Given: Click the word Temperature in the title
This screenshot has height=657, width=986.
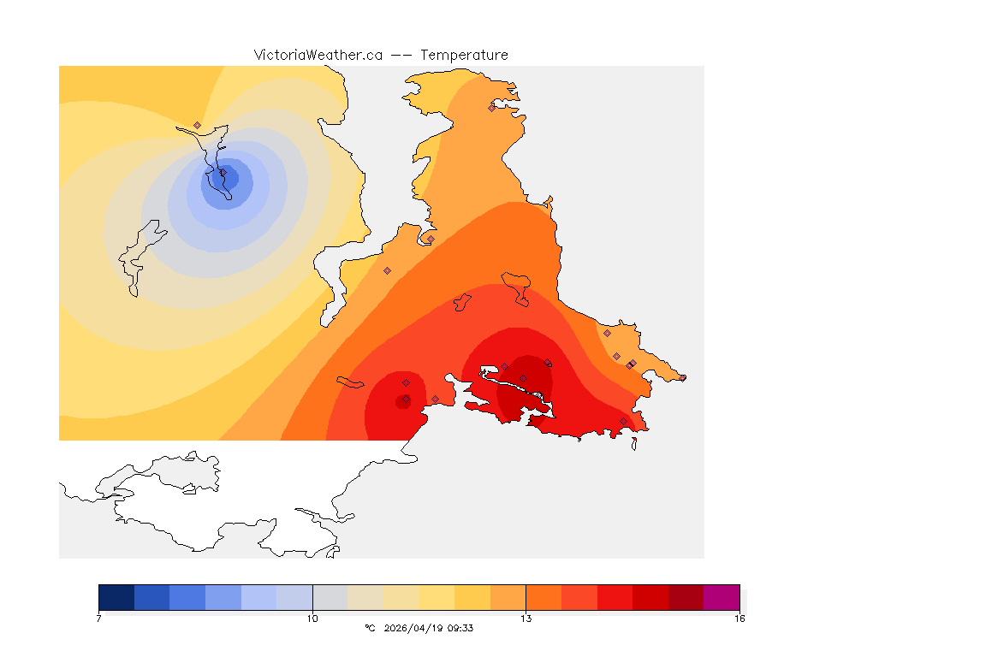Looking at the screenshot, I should click(464, 55).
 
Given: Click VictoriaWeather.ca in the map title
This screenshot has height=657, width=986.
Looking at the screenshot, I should click(318, 55).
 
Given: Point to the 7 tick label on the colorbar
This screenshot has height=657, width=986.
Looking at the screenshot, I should click(99, 618).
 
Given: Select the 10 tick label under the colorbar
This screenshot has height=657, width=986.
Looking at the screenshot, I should click(312, 618).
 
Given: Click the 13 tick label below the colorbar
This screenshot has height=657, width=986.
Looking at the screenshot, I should click(526, 618).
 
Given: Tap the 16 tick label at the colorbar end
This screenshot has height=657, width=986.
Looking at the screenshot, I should click(739, 618).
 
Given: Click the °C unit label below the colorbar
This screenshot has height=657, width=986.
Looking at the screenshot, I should click(370, 628).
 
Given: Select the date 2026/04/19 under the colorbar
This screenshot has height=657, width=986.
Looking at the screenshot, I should click(416, 628).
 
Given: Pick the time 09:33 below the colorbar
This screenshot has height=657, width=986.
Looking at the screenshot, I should click(461, 628).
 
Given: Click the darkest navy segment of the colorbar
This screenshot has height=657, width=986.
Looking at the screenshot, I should click(116, 596).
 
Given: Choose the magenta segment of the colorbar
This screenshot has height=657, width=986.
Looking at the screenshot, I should click(721, 596).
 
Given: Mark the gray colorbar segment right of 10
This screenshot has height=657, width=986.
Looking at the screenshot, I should click(330, 596).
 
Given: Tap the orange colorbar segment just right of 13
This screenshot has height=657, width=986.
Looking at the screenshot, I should click(543, 596).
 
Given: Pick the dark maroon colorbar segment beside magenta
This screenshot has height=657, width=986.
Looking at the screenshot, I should click(685, 596).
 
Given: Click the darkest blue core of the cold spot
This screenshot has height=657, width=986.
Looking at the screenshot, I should click(228, 179).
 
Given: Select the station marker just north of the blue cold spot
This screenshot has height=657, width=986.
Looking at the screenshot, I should click(198, 125).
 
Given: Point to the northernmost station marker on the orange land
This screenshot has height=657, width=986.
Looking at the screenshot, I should click(491, 108).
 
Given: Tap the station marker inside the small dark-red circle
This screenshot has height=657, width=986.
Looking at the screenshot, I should click(405, 400).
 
